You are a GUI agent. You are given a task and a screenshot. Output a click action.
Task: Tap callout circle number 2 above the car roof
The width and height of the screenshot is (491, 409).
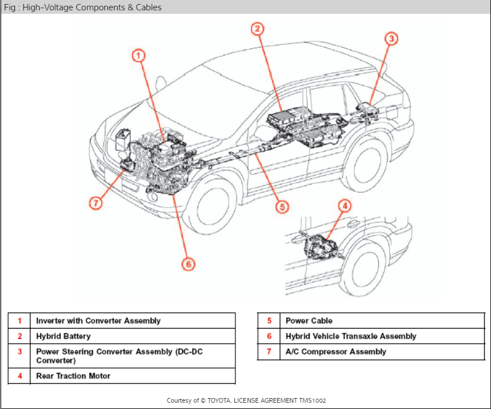point(258,28)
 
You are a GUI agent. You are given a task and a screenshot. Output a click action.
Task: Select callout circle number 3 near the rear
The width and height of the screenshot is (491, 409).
point(391,38)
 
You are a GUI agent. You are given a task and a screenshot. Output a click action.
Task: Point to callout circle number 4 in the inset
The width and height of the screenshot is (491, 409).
point(345,206)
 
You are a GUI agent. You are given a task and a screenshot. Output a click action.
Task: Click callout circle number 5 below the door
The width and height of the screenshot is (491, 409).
point(281,206)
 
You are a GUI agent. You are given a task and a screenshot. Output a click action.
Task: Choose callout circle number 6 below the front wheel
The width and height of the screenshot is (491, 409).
point(188,264)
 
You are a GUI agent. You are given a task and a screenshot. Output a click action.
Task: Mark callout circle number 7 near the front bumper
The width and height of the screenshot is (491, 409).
point(96,203)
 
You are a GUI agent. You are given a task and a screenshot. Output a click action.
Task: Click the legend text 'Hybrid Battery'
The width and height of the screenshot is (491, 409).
point(63,336)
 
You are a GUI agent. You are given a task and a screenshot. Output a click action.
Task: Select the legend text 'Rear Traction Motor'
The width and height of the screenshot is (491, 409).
point(73,376)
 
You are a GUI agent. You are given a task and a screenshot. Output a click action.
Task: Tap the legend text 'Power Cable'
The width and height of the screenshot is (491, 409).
point(309,321)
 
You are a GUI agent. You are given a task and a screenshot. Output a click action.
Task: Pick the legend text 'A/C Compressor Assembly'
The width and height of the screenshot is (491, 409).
point(336,352)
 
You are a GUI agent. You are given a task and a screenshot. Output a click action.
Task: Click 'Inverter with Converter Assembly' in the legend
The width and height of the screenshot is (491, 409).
point(98,321)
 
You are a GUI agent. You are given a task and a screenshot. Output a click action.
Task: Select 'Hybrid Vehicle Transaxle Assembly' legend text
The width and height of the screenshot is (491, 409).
point(351,336)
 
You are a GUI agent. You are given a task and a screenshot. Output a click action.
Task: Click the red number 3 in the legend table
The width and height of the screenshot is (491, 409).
point(20,351)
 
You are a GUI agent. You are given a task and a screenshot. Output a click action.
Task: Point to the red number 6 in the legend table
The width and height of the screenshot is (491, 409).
point(269,336)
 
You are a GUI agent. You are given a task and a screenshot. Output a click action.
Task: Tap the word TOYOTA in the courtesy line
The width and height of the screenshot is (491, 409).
point(224,400)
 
